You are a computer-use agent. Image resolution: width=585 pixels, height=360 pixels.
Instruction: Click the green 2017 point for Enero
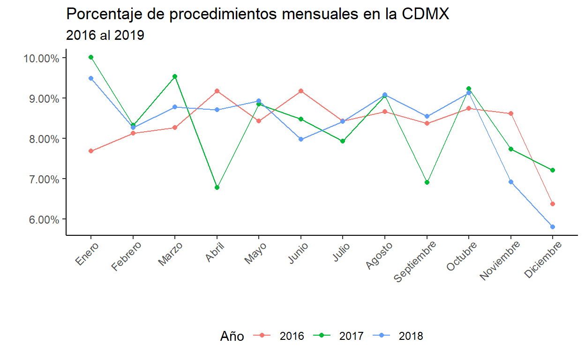(91, 57)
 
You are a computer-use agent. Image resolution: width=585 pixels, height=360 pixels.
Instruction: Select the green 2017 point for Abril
(217, 187)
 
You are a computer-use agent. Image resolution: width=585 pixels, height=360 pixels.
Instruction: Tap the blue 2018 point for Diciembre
(553, 227)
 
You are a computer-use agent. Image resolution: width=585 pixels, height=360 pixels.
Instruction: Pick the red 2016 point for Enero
(91, 151)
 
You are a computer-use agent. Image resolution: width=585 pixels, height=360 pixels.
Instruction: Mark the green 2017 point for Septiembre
(427, 182)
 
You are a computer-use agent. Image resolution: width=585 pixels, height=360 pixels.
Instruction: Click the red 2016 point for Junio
(301, 91)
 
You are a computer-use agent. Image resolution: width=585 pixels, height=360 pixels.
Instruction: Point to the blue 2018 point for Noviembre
(511, 182)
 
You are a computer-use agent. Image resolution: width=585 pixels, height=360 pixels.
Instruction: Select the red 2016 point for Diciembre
(553, 204)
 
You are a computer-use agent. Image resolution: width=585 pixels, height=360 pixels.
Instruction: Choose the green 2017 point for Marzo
(175, 76)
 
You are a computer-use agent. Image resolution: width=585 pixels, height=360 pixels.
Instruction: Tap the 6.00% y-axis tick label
(42, 219)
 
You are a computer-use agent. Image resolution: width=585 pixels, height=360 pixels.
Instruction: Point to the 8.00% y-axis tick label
(42, 139)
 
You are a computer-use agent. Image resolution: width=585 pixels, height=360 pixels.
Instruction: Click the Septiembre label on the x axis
(415, 262)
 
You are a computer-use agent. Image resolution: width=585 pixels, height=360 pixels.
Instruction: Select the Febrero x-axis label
(126, 256)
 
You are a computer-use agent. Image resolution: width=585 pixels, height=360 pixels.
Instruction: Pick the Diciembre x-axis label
(542, 260)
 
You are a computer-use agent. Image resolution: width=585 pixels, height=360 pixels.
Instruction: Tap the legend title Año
(232, 336)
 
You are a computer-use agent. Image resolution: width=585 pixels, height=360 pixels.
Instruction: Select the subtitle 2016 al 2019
(105, 35)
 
